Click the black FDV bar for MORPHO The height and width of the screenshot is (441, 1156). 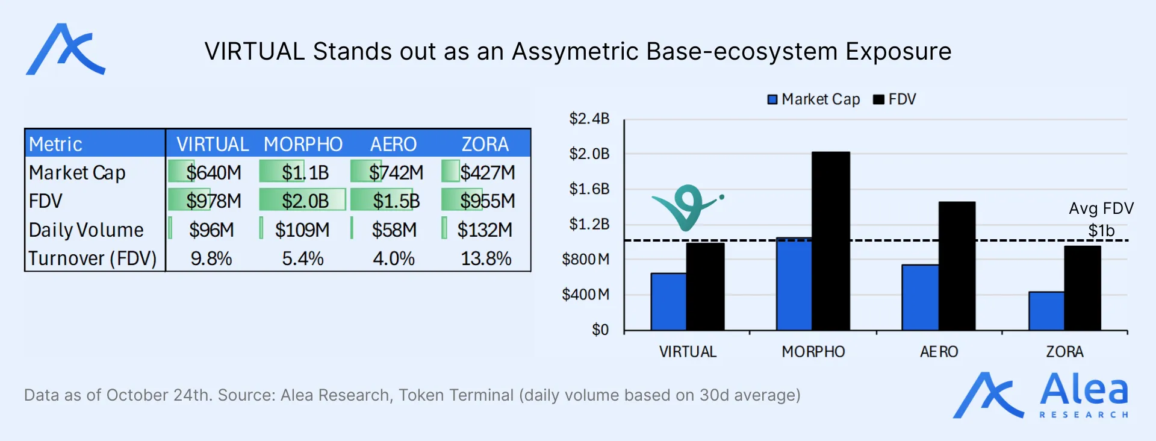point(830,241)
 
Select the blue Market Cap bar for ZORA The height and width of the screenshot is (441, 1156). point(1046,311)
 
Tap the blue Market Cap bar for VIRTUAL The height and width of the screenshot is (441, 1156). point(668,302)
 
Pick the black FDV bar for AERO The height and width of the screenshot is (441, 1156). point(956,266)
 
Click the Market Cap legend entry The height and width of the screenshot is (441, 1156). point(813,99)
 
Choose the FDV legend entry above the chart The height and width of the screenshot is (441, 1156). point(895,99)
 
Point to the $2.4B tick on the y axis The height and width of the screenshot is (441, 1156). point(589,119)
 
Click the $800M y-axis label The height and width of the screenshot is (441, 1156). point(585,260)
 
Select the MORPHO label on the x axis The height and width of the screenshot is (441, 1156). point(813,352)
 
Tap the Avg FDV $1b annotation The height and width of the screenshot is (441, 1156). point(1101,219)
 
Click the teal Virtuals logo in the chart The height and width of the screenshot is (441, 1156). point(686,207)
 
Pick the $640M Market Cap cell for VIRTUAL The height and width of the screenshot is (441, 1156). point(213,173)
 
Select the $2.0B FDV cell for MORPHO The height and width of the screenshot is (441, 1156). point(305,201)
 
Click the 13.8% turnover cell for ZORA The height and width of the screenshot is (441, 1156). point(485,258)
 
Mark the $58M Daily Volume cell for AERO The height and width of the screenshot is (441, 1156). point(394,230)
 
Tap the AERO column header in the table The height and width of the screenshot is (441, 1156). point(393,145)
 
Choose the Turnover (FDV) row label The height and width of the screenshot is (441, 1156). point(92,258)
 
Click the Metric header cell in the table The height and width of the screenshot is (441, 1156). point(55,145)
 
